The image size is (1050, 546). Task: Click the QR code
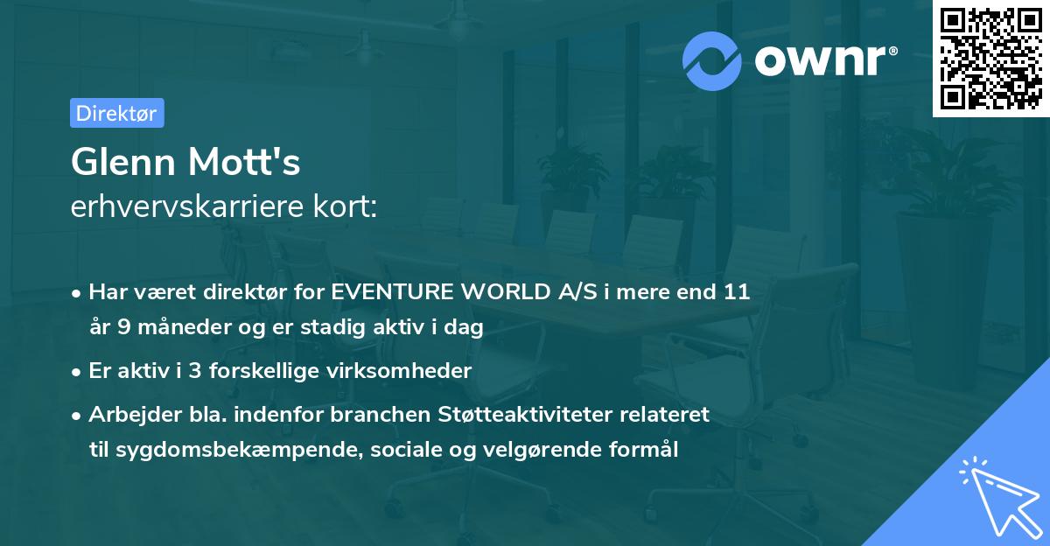[x=990, y=59]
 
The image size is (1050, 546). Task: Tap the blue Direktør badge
[x=116, y=113]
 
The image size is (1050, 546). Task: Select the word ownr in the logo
[x=824, y=61]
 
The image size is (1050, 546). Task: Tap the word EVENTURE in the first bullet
[x=406, y=291]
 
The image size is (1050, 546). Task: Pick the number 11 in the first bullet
[x=738, y=291]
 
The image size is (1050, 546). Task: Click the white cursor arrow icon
[x=997, y=493]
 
